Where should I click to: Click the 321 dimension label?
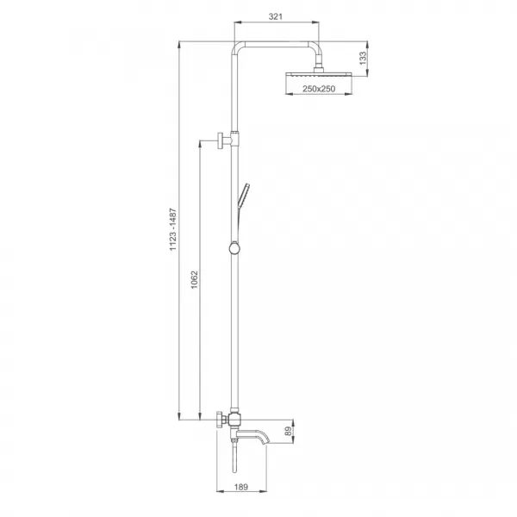coord(276,16)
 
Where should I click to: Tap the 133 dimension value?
coord(363,59)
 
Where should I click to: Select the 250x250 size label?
coord(319,89)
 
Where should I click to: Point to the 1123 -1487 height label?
coord(173,229)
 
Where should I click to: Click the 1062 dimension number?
coord(195,279)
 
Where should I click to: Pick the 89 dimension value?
coord(289,432)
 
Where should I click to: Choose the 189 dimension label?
coord(241,487)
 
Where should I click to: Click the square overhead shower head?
coord(319,75)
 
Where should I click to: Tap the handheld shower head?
coord(244,196)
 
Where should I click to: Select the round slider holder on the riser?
coord(234,248)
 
